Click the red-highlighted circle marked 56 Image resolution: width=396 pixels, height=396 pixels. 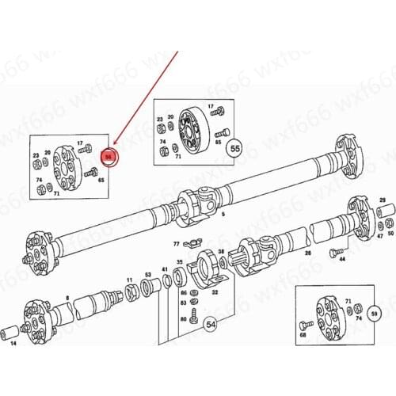pos(109,157)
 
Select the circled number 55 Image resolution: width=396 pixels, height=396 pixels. pos(234,147)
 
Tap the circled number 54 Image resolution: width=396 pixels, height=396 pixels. pos(211,324)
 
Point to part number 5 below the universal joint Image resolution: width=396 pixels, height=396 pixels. pos(223,215)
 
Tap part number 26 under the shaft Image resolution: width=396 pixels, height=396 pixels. pos(307,253)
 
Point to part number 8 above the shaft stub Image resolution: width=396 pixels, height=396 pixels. pos(67,299)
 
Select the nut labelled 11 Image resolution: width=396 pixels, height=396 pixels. pos(129,280)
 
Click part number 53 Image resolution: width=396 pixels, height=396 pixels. pos(147,274)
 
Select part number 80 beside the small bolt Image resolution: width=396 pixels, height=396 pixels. pos(183,320)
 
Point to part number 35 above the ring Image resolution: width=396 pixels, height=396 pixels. pos(180,262)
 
